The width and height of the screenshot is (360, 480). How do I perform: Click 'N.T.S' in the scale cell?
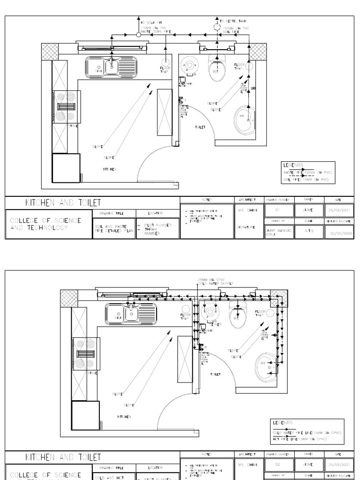tap(306, 231)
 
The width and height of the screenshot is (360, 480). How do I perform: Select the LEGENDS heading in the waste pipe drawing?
tap(293, 165)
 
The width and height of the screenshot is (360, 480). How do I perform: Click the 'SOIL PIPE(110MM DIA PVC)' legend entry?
tap(307, 179)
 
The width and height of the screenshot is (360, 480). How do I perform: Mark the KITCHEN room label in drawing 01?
tap(110, 168)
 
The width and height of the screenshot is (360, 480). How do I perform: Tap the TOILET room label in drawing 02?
tap(216, 374)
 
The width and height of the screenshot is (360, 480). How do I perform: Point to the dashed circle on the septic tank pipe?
tap(217, 27)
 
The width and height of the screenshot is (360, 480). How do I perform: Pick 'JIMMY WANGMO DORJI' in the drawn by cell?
tap(276, 231)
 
